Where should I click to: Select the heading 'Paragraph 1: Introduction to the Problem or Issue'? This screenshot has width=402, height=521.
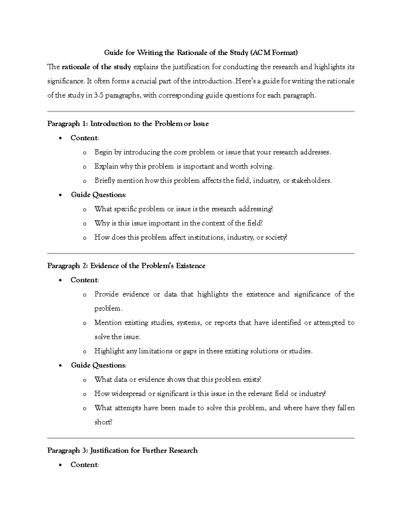pyautogui.click(x=128, y=124)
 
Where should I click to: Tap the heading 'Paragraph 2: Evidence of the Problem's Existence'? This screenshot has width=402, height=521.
pyautogui.click(x=126, y=266)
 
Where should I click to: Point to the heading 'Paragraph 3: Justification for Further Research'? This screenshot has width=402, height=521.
pyautogui.click(x=122, y=451)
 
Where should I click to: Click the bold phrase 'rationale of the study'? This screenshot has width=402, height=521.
pyautogui.click(x=96, y=67)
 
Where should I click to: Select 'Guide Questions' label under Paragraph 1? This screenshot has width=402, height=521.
pyautogui.click(x=98, y=195)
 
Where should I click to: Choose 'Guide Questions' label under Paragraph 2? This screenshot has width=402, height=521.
pyautogui.click(x=98, y=365)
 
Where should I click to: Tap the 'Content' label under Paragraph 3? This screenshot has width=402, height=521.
pyautogui.click(x=84, y=465)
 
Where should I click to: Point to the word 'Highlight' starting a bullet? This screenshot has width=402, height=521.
pyautogui.click(x=109, y=351)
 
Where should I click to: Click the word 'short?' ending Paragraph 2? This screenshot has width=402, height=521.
pyautogui.click(x=103, y=422)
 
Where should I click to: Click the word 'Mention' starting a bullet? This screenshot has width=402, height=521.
pyautogui.click(x=107, y=323)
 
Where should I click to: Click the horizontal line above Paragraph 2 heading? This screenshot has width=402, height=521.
pyautogui.click(x=201, y=254)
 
